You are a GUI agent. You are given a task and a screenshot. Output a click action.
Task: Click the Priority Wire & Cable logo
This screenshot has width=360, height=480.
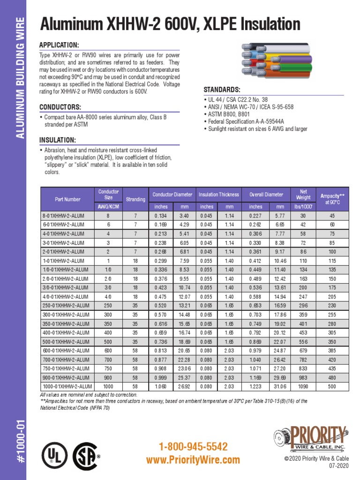click(313, 437)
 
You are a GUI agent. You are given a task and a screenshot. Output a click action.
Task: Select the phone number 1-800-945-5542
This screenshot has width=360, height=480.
click(193, 446)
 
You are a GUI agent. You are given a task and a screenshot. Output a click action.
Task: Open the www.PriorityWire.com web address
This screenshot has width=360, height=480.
click(193, 460)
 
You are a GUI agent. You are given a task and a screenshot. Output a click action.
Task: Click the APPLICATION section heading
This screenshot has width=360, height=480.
click(59, 45)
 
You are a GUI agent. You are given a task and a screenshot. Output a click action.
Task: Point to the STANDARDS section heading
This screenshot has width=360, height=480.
click(222, 90)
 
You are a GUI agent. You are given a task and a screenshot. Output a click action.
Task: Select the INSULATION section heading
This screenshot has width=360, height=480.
click(58, 140)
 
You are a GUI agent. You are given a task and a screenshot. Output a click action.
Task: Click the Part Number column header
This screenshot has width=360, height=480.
click(67, 199)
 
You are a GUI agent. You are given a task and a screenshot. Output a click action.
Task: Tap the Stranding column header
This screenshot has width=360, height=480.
click(135, 199)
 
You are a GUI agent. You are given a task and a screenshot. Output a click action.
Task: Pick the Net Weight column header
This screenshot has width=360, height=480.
click(303, 195)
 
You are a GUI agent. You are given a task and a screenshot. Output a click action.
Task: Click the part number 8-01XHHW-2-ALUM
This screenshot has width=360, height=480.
click(63, 216)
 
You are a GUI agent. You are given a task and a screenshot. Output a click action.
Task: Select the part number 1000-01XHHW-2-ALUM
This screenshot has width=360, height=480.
click(67, 386)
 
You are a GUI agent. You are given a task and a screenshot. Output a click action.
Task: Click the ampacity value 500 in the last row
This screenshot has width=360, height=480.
click(332, 386)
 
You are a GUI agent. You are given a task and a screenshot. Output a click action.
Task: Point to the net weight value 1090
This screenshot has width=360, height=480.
click(303, 386)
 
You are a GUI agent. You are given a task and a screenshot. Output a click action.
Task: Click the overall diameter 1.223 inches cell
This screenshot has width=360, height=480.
click(256, 386)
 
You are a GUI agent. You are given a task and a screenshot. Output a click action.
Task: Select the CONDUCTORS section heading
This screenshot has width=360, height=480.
click(60, 107)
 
